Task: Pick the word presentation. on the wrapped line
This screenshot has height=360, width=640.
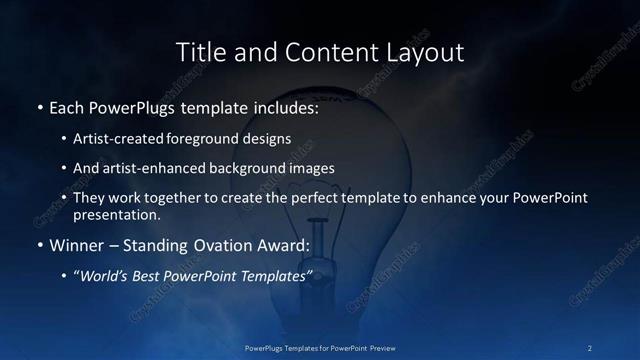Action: (x=116, y=215)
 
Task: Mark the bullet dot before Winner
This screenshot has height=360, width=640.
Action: (x=38, y=246)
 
